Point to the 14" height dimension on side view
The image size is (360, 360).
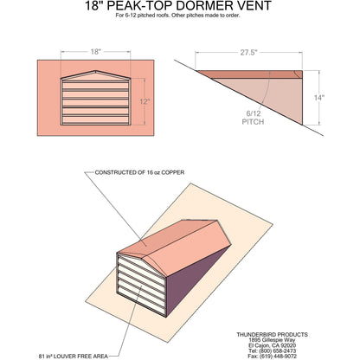click(x=319, y=98)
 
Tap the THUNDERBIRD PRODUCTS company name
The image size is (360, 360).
click(x=271, y=332)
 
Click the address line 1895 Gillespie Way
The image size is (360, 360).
click(x=271, y=338)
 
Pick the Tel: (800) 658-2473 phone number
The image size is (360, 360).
click(x=271, y=350)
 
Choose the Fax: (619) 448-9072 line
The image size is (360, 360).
click(x=271, y=356)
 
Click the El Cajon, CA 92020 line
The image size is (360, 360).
click(x=271, y=344)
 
